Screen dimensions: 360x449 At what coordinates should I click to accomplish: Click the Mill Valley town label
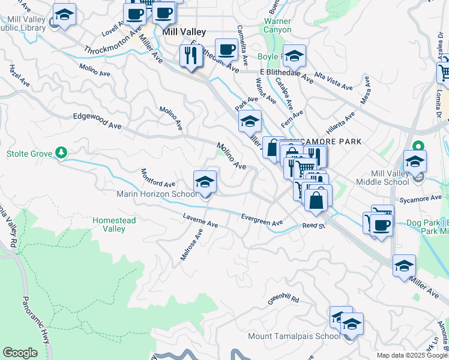click(x=184, y=32)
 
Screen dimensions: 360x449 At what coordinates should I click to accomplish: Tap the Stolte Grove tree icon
click(x=61, y=154)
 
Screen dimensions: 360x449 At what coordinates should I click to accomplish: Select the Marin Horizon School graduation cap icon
click(x=205, y=181)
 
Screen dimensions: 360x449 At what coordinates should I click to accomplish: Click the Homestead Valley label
click(x=114, y=224)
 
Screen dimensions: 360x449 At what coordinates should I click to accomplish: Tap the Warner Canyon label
click(x=278, y=25)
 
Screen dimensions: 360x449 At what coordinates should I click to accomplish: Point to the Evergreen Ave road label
click(x=262, y=220)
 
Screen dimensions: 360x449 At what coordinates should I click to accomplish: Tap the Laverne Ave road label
click(x=200, y=220)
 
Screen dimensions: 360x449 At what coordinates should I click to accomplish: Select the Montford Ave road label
click(x=158, y=177)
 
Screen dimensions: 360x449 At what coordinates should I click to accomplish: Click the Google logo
click(x=20, y=353)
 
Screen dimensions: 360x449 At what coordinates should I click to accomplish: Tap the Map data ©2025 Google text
click(x=412, y=355)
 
